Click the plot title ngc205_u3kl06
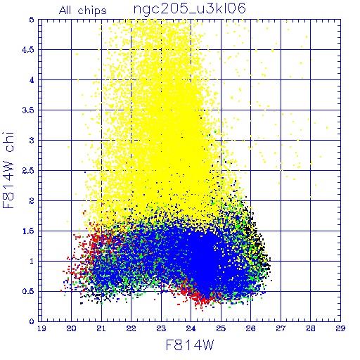pyautogui.click(x=189, y=9)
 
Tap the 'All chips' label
pyautogui.click(x=83, y=11)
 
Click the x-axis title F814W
pyautogui.click(x=190, y=345)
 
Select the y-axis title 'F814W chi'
pyautogui.click(x=8, y=170)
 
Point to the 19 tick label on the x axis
pyautogui.click(x=41, y=328)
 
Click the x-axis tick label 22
pyautogui.click(x=131, y=328)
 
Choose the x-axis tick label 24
pyautogui.click(x=191, y=328)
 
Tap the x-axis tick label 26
pyautogui.click(x=250, y=328)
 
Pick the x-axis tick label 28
pyautogui.click(x=311, y=328)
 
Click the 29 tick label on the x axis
pyautogui.click(x=340, y=328)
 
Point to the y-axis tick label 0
pyautogui.click(x=32, y=321)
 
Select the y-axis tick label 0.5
pyautogui.click(x=28, y=291)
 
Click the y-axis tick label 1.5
pyautogui.click(x=28, y=231)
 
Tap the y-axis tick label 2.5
pyautogui.click(x=28, y=171)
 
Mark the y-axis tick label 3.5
pyautogui.click(x=28, y=110)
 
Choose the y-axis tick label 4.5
pyautogui.click(x=28, y=50)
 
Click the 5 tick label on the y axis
pyautogui.click(x=32, y=20)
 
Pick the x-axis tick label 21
pyautogui.click(x=101, y=328)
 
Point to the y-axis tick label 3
pyautogui.click(x=32, y=141)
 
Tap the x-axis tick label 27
pyautogui.click(x=281, y=328)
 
